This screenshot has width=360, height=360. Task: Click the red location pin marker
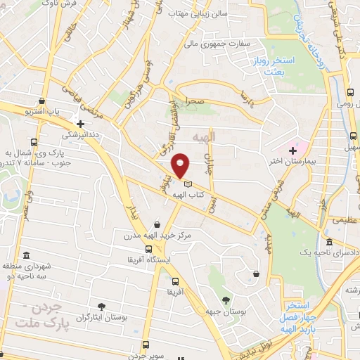181,165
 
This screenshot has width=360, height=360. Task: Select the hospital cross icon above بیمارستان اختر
292,150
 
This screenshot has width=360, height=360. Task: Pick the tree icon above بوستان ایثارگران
103,306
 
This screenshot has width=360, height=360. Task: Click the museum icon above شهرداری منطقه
26,255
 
